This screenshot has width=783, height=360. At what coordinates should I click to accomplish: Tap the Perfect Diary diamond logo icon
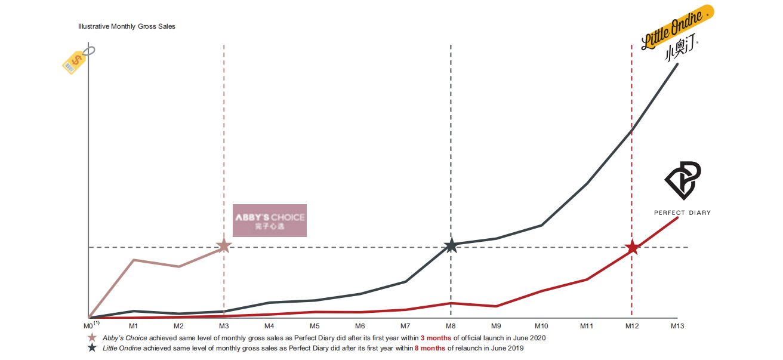tap(683, 180)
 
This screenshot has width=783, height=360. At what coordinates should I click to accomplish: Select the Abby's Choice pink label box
tap(269, 220)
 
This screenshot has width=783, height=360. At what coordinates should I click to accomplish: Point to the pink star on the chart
tap(223, 245)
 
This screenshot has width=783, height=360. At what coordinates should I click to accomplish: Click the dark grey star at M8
tap(451, 245)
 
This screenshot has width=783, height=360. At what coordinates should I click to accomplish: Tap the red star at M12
tap(632, 248)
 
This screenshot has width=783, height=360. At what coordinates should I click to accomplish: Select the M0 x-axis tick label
tap(88, 326)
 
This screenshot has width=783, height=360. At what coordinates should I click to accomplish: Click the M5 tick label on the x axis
tap(315, 326)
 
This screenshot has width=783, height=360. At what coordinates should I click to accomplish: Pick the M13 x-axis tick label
tap(677, 326)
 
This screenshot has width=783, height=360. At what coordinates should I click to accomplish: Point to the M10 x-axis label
tap(541, 326)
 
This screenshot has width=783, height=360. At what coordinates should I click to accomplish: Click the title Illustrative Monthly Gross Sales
tap(127, 27)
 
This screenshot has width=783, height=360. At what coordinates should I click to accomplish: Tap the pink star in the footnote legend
tap(92, 338)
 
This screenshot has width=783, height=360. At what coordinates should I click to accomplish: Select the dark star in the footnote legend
tap(92, 348)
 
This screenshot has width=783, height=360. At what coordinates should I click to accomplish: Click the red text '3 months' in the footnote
tap(436, 338)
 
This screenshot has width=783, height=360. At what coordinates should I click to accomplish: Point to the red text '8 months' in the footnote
tap(430, 348)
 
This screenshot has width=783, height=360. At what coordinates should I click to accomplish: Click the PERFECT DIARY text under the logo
tap(682, 213)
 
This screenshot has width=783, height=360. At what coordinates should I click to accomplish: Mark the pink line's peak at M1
tap(134, 260)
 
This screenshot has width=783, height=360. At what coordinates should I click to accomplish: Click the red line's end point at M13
tap(677, 218)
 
